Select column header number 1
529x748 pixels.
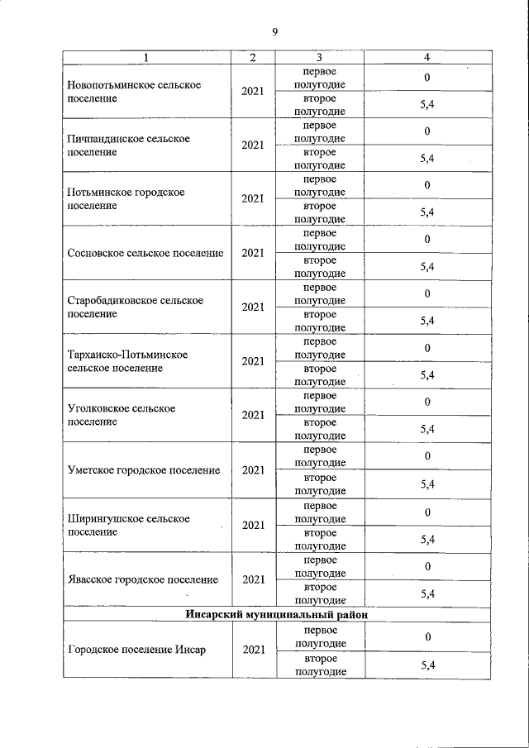(x=146, y=57)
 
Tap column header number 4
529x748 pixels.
(x=427, y=57)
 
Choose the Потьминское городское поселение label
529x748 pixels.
(x=126, y=198)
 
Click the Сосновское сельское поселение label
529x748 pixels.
(x=145, y=253)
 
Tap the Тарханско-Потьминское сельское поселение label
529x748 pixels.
(x=127, y=360)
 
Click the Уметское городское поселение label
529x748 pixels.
(x=144, y=470)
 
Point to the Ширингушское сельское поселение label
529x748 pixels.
(x=128, y=525)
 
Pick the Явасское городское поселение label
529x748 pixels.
(x=143, y=579)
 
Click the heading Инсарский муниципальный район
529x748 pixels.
(x=276, y=615)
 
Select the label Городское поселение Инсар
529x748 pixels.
(x=136, y=649)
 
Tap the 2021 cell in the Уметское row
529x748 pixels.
(x=253, y=470)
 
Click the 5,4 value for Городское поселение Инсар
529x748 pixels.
(x=427, y=665)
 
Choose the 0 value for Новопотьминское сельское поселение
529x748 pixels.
(x=427, y=78)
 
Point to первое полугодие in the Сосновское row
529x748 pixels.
(x=320, y=240)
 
